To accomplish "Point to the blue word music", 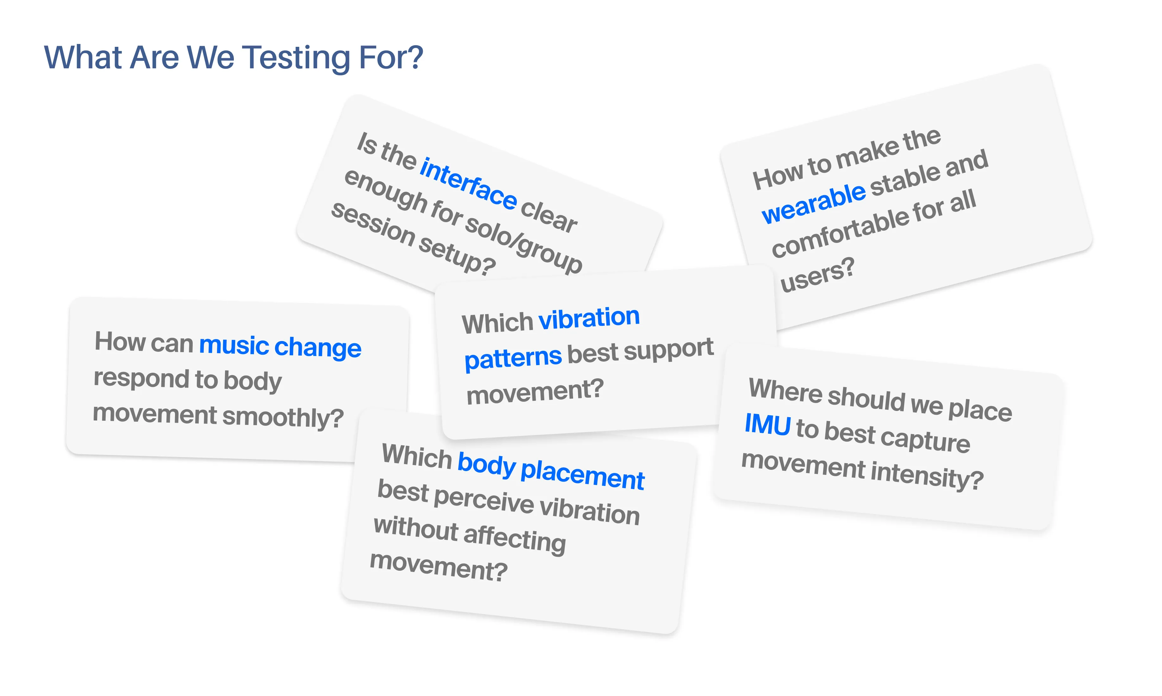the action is pos(234,346).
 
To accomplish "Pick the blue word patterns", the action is pos(513,358).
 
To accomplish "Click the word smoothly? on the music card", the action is pos(283,417).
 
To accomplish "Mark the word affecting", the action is pos(515,538).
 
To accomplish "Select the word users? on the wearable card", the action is pos(817,275).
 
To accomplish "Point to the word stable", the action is pos(905,179).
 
